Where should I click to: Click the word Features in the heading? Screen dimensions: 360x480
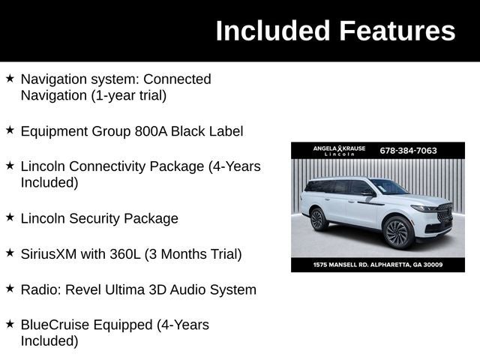point(397,31)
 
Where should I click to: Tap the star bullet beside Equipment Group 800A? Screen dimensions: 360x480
point(10,130)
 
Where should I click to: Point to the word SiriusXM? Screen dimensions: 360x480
point(49,254)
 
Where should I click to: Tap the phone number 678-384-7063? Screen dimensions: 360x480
point(408,150)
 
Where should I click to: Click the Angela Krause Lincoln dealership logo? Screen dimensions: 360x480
point(339,150)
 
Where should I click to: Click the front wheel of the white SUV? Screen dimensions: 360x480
point(397,232)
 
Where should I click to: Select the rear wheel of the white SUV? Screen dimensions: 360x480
point(318,219)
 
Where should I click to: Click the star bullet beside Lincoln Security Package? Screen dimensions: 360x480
point(10,217)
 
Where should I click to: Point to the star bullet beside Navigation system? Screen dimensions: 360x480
point(10,77)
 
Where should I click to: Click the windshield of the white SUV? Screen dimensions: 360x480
point(388,187)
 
